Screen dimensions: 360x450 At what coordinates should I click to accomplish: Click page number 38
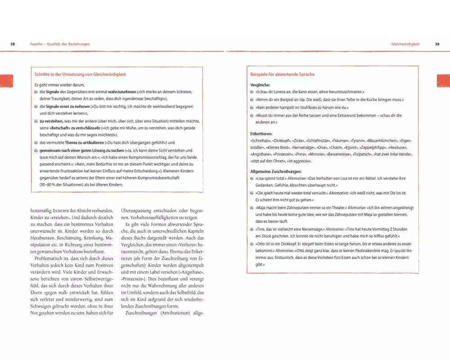pyautogui.click(x=13, y=44)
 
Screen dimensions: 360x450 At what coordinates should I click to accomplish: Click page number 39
pyautogui.click(x=437, y=44)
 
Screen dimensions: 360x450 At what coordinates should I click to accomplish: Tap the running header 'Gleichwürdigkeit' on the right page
pyautogui.click(x=405, y=44)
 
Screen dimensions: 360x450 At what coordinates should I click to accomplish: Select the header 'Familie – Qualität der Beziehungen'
pyautogui.click(x=60, y=44)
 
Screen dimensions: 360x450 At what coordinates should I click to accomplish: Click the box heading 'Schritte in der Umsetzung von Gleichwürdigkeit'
pyautogui.click(x=80, y=74)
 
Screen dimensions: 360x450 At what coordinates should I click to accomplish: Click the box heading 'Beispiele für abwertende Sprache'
pyautogui.click(x=282, y=74)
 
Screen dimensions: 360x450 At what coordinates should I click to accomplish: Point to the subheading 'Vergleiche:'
pyautogui.click(x=260, y=85)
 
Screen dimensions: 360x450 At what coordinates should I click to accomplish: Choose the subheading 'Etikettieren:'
pyautogui.click(x=261, y=134)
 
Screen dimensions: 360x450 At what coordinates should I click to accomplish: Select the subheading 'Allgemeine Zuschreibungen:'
pyautogui.click(x=276, y=171)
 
